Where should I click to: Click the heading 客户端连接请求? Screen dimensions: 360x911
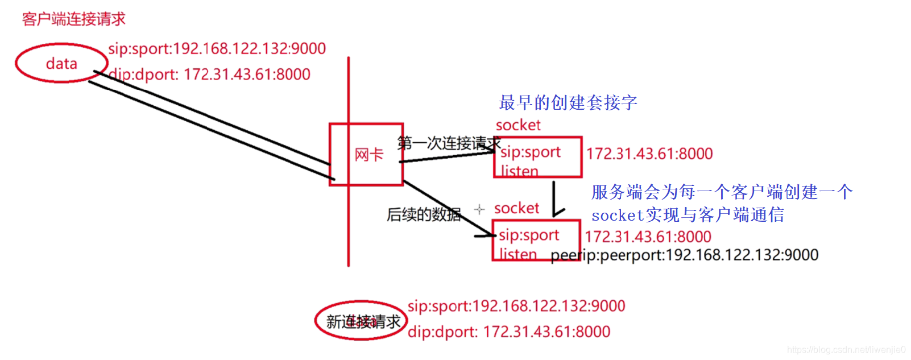(x=73, y=19)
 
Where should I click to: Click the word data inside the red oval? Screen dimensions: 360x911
(x=61, y=63)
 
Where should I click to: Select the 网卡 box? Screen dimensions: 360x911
(x=367, y=154)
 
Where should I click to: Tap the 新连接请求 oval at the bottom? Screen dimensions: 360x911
(x=362, y=321)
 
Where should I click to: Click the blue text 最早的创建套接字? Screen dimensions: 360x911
(x=568, y=103)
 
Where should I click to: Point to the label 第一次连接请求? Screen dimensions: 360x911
(x=448, y=143)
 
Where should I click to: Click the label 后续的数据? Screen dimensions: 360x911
(x=424, y=214)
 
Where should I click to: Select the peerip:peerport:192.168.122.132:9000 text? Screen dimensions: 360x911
(x=684, y=255)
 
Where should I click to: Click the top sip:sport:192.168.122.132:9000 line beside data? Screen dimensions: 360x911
(x=217, y=48)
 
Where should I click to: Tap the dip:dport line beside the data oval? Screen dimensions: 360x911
(x=209, y=74)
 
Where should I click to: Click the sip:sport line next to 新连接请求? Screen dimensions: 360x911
(x=516, y=306)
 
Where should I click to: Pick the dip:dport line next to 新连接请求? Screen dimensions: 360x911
(x=509, y=332)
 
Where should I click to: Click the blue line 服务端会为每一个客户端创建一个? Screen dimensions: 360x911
(x=722, y=192)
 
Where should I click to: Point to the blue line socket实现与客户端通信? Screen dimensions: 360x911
(x=688, y=215)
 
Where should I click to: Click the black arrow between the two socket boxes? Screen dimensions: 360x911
(x=554, y=199)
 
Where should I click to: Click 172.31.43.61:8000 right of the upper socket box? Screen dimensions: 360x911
(x=649, y=154)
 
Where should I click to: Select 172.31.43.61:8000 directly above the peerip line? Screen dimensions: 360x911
(x=648, y=237)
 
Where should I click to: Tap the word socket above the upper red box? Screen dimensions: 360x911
(x=518, y=125)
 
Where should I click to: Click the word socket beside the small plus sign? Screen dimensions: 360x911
(x=516, y=208)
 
